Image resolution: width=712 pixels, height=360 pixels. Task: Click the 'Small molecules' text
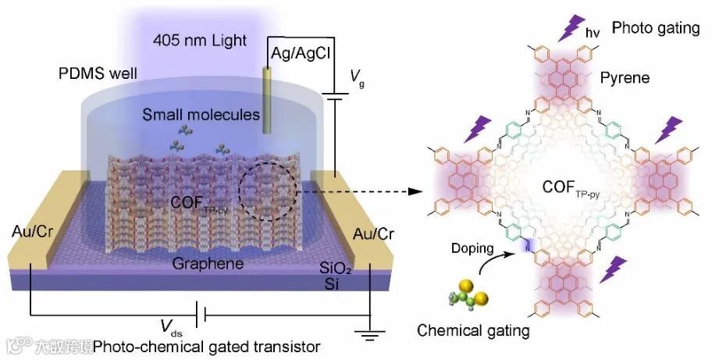click(x=201, y=115)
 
